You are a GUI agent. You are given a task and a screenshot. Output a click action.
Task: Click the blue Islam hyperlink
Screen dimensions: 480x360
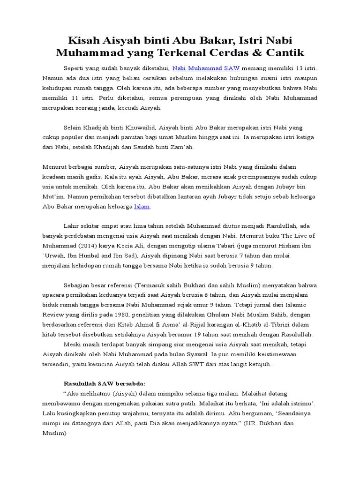(142, 206)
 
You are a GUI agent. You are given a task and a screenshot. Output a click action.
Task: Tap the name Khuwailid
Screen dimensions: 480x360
(138, 127)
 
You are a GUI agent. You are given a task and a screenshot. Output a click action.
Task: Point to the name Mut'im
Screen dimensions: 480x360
(52, 196)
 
